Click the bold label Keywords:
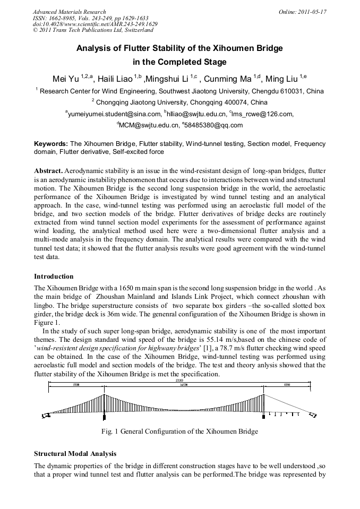pyautogui.click(x=51, y=144)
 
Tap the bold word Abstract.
pyautogui.click(x=48, y=171)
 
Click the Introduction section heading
pyautogui.click(x=54, y=277)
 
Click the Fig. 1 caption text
pyautogui.click(x=179, y=431)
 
